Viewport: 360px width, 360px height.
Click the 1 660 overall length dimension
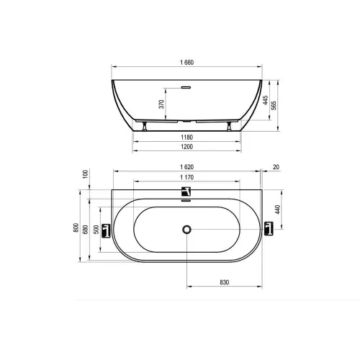click(x=186, y=63)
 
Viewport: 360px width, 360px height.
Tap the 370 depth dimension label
click(x=162, y=104)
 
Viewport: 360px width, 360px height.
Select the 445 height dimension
click(x=266, y=100)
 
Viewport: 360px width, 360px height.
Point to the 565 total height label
click(x=274, y=106)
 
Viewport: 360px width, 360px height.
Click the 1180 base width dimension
click(x=186, y=138)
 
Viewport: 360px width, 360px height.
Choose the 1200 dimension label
click(x=186, y=147)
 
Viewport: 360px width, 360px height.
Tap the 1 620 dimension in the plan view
click(x=186, y=167)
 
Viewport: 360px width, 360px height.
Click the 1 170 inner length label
click(x=186, y=177)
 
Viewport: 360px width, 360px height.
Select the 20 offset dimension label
click(x=276, y=167)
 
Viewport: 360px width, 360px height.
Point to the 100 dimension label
click(x=86, y=174)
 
